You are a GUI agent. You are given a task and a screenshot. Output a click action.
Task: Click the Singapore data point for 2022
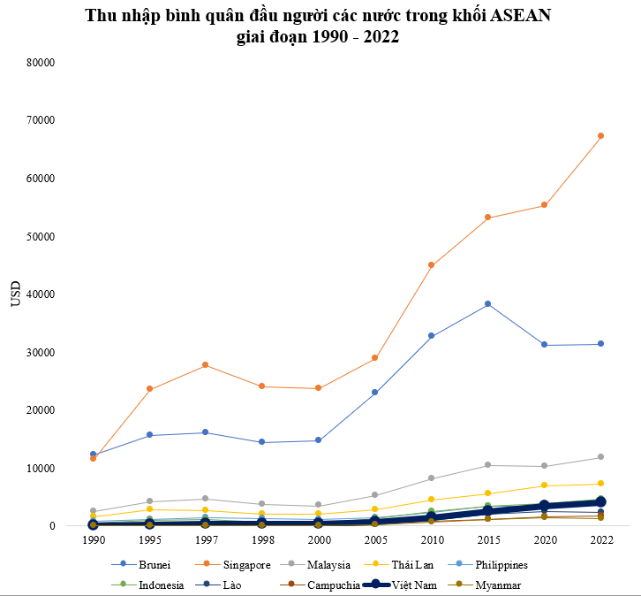(600, 135)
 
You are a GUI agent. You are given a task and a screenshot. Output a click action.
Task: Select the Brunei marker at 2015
(487, 304)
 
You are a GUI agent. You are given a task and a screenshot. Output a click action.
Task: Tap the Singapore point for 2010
(431, 265)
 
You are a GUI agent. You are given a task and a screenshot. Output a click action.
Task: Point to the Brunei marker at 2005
(374, 392)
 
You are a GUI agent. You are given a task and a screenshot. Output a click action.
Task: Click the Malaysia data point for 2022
(600, 457)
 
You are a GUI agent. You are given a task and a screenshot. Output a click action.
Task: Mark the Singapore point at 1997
(206, 365)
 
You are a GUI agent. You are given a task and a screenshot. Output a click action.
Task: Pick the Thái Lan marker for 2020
(544, 485)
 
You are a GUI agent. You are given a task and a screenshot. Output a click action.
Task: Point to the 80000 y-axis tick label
(41, 63)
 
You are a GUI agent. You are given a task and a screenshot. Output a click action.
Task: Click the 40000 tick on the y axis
(41, 294)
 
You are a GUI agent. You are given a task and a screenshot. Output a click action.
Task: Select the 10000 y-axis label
(41, 469)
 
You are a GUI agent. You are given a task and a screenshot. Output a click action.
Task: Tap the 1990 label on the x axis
(93, 539)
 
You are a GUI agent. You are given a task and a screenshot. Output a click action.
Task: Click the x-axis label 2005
(374, 539)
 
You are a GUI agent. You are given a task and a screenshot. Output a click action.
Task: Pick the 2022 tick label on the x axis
(600, 539)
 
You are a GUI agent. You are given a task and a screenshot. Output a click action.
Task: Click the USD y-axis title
(15, 294)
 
